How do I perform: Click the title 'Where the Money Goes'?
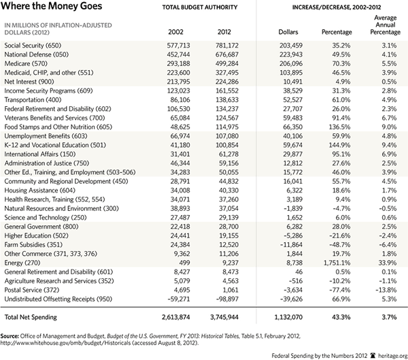(52, 6)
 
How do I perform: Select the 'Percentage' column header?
(337, 32)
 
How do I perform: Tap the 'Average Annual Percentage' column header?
(386, 24)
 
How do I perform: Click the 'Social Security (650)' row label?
(33, 46)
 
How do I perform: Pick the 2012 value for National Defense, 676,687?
(227, 54)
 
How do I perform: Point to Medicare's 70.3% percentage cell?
(341, 63)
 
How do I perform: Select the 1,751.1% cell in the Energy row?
(337, 263)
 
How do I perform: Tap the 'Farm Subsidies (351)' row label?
(33, 245)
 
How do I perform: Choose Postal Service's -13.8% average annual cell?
(386, 290)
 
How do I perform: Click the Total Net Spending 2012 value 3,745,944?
(224, 317)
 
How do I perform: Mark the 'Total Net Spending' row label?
(31, 317)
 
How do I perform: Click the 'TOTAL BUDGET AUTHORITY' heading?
(200, 7)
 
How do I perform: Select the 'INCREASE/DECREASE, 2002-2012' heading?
(337, 7)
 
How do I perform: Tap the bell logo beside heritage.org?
(373, 355)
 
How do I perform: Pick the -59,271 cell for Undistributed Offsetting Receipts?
(178, 299)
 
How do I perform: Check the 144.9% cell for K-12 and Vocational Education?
(339, 145)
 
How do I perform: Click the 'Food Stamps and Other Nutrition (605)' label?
(58, 127)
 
